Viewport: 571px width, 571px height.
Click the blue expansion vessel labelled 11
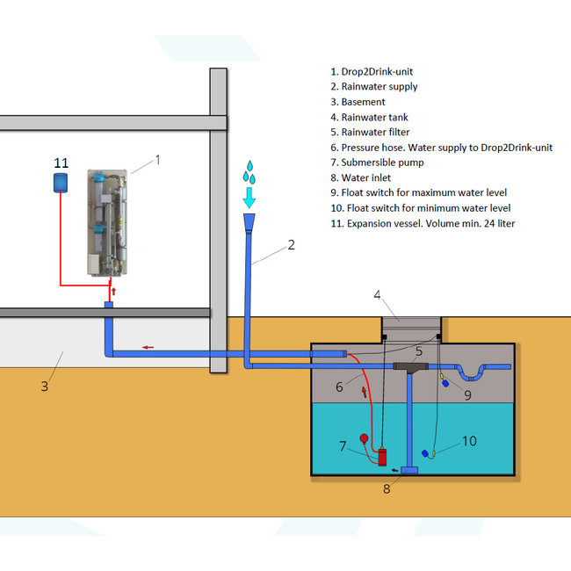point(61,181)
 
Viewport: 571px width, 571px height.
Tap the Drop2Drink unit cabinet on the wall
point(109,222)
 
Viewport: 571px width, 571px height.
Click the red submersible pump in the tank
point(381,457)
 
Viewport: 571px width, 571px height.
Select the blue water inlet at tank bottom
point(409,472)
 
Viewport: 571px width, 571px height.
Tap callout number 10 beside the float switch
point(470,440)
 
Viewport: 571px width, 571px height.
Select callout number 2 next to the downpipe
point(291,245)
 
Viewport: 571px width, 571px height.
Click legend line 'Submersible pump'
point(376,163)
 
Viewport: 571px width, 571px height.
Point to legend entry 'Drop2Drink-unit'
point(372,72)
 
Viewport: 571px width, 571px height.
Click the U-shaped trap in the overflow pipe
point(480,370)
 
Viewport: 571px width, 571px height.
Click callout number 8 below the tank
point(386,489)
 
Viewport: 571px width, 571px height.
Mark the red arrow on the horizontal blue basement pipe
point(148,347)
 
